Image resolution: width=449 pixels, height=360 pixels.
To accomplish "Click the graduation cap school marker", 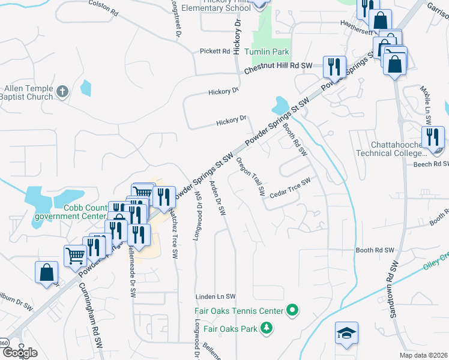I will click(x=346, y=334).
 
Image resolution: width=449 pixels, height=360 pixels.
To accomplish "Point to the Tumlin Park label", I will click(x=270, y=52).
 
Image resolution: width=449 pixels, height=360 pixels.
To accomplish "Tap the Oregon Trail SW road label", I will click(x=251, y=176).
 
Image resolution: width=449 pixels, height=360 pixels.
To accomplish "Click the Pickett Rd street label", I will click(x=215, y=52).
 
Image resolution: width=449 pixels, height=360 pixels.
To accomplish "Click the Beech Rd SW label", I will click(x=432, y=163).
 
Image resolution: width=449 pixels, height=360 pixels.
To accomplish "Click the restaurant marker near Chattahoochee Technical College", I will click(x=433, y=137).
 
